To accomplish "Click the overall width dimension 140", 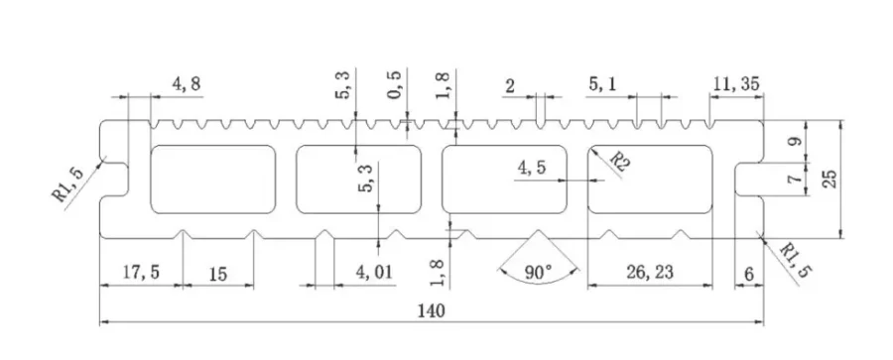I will coord(431,310).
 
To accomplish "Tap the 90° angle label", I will coord(537,272).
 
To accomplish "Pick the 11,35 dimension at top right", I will coord(735,84).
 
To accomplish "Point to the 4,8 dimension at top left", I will coord(187,84).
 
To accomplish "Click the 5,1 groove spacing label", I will coord(602,84).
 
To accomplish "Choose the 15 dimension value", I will coord(216,272).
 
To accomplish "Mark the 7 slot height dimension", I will coord(792,180).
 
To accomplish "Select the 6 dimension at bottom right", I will coord(748,272).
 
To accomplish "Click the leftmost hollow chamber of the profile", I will coord(212,179).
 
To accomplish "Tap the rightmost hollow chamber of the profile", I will coord(651,179).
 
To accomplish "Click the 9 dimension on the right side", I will coord(792,142).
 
